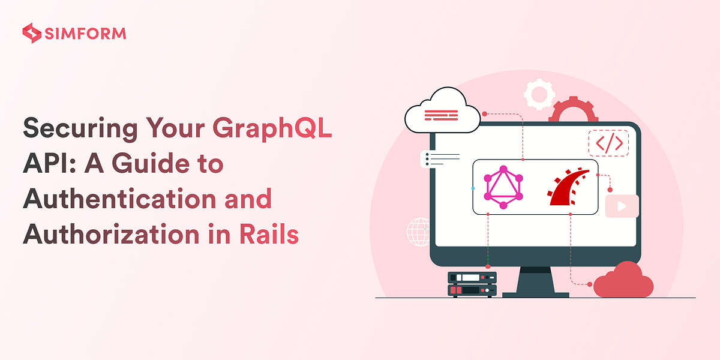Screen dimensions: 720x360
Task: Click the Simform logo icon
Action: (x=32, y=33)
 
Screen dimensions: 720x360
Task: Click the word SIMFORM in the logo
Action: (x=85, y=34)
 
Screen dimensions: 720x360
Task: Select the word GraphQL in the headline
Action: (x=272, y=128)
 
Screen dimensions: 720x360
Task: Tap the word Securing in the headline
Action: (x=80, y=128)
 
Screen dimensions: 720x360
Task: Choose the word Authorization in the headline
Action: (x=111, y=234)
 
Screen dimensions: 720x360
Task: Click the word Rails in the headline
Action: (x=269, y=234)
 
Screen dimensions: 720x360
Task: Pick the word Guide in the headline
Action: (x=151, y=163)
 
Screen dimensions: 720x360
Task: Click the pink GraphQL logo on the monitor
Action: (x=503, y=187)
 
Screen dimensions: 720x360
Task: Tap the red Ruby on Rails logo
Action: (x=568, y=187)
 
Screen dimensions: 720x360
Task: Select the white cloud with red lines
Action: (x=443, y=111)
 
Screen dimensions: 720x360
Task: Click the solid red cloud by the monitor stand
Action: (x=623, y=280)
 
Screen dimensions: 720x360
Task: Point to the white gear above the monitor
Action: (x=539, y=95)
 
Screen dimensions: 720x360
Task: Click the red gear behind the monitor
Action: (x=574, y=109)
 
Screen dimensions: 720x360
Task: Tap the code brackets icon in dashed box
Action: (x=608, y=143)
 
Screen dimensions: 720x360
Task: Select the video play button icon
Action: (x=622, y=206)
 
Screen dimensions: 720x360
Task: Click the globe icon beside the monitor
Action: (x=418, y=232)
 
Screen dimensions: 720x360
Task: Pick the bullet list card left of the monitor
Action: (x=440, y=159)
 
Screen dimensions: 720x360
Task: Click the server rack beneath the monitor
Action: (x=472, y=284)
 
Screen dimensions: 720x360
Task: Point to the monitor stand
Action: (x=535, y=282)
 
